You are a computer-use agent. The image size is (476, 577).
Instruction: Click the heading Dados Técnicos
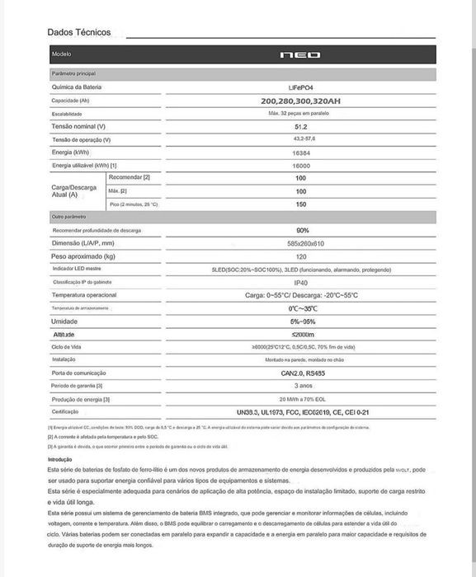point(79,32)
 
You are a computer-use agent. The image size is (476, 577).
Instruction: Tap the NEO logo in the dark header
point(301,54)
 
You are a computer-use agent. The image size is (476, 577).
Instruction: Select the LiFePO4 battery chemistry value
point(301,86)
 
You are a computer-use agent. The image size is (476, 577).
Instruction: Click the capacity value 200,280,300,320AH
point(301,100)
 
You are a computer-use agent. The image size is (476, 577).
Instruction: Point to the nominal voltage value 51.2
point(301,126)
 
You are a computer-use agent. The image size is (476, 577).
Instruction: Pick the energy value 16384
point(301,152)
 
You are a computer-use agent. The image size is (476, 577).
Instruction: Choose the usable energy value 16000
point(301,166)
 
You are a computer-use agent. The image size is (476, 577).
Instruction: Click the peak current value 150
point(301,204)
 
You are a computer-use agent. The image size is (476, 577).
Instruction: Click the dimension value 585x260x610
point(301,243)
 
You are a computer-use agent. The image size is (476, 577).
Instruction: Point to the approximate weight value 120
point(301,256)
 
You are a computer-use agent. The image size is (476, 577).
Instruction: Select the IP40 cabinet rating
point(301,282)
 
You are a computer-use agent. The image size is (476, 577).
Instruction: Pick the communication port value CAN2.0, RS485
point(301,373)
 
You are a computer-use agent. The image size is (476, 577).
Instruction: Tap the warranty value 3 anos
point(301,385)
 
